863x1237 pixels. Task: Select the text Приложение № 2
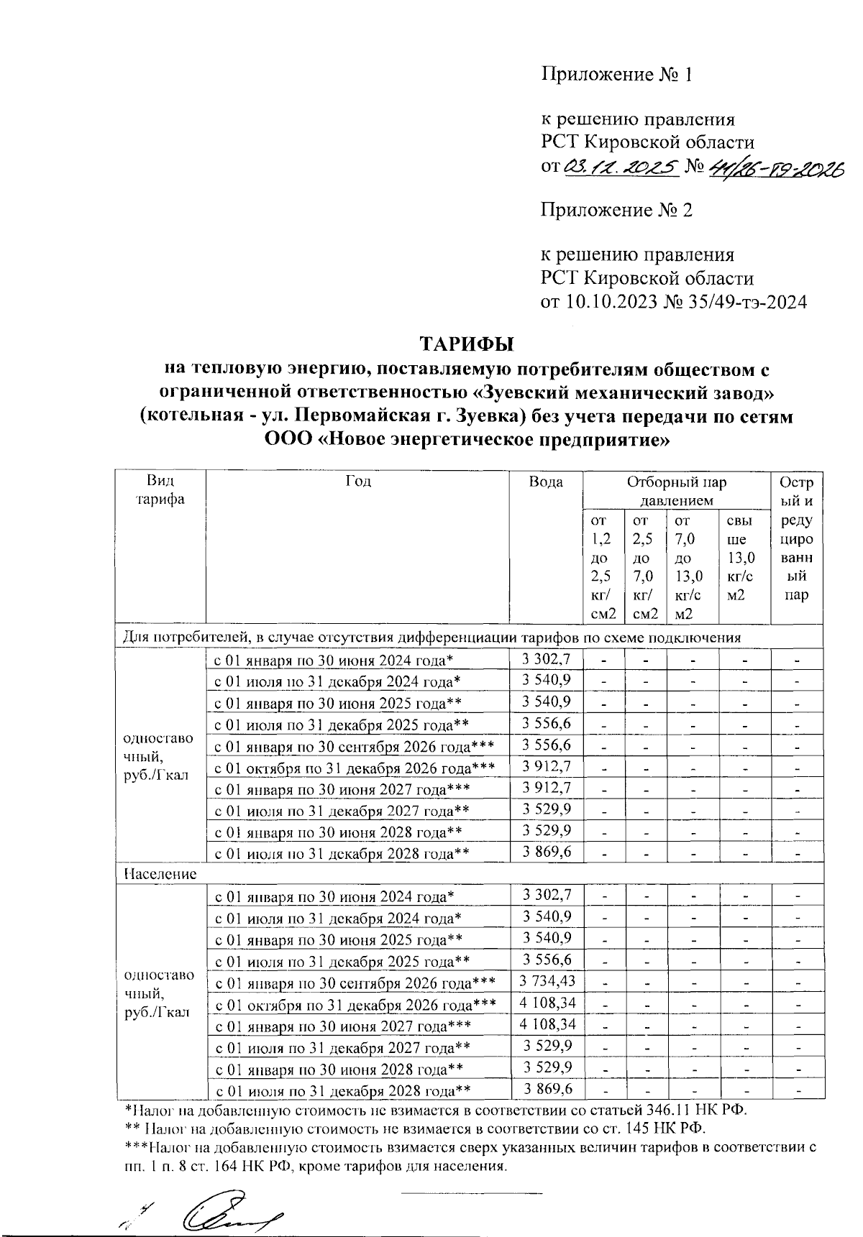point(616,210)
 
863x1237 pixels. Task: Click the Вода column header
point(546,482)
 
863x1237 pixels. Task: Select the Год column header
point(357,482)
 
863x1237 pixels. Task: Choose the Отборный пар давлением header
point(676,490)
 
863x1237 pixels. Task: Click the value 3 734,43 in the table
point(547,981)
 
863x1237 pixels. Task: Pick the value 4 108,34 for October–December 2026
point(547,1003)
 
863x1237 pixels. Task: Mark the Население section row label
point(160,874)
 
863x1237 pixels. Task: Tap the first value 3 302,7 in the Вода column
point(547,658)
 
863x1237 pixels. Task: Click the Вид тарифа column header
point(160,490)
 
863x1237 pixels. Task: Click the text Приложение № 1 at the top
point(616,75)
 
